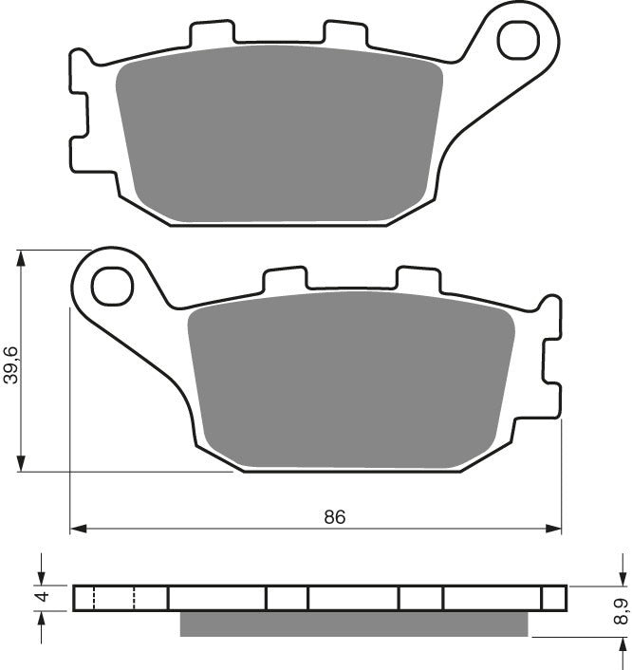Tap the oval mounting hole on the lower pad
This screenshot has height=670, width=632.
[113, 284]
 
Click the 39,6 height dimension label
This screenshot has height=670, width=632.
[10, 363]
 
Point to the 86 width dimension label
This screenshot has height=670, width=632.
[334, 517]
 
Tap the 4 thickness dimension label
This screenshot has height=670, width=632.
[40, 598]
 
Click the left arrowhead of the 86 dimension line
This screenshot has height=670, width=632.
[77, 527]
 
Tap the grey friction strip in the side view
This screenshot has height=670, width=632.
[353, 623]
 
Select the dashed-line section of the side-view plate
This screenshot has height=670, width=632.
[114, 598]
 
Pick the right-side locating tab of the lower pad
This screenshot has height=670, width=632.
[549, 361]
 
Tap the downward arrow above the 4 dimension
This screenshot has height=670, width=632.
[40, 578]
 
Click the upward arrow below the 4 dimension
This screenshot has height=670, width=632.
[40, 618]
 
